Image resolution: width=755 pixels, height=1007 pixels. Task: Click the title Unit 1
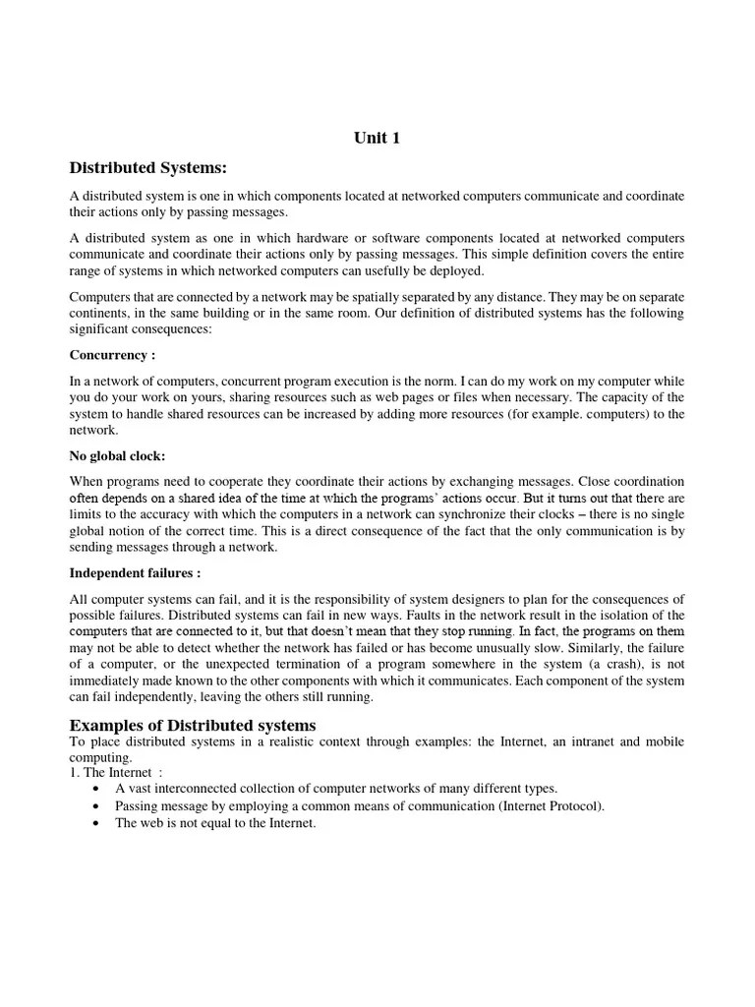(x=377, y=139)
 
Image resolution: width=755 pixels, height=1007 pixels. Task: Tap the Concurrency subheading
(x=112, y=355)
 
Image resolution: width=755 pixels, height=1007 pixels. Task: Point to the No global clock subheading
(x=117, y=455)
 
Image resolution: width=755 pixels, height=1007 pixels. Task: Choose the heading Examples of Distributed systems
(x=193, y=726)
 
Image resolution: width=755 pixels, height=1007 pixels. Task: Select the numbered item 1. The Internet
(x=109, y=773)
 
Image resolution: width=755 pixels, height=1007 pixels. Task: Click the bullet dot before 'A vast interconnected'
(x=93, y=789)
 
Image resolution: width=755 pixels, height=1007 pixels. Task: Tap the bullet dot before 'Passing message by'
(x=93, y=806)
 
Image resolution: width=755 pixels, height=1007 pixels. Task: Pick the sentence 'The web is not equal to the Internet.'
(x=215, y=823)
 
